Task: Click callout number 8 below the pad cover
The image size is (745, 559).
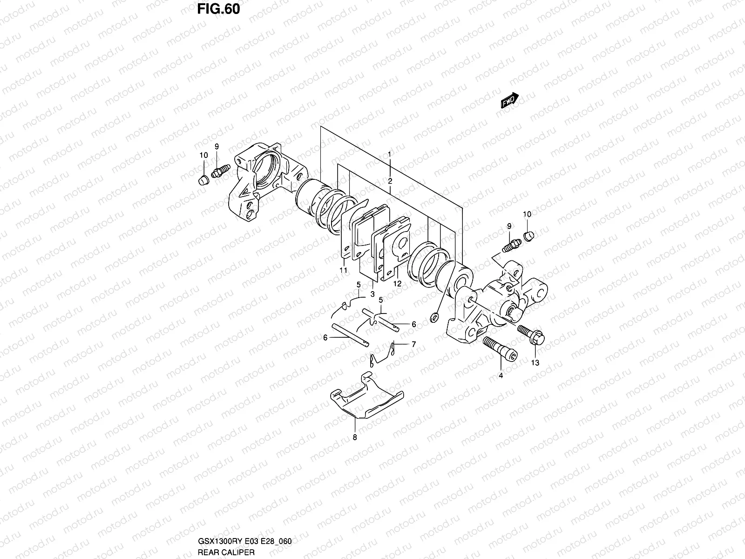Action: click(355, 437)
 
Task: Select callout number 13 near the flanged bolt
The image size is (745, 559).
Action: click(535, 363)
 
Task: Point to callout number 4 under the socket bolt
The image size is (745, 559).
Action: click(501, 375)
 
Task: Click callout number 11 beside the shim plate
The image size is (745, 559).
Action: click(343, 270)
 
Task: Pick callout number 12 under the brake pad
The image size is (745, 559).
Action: click(397, 283)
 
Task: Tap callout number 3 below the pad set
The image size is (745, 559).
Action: click(372, 294)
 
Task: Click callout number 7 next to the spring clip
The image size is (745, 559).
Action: click(413, 344)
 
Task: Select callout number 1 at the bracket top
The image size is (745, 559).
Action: click(390, 153)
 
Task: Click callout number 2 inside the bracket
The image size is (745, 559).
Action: click(390, 180)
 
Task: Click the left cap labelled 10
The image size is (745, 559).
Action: click(203, 180)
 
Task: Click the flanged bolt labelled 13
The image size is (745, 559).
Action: click(532, 334)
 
